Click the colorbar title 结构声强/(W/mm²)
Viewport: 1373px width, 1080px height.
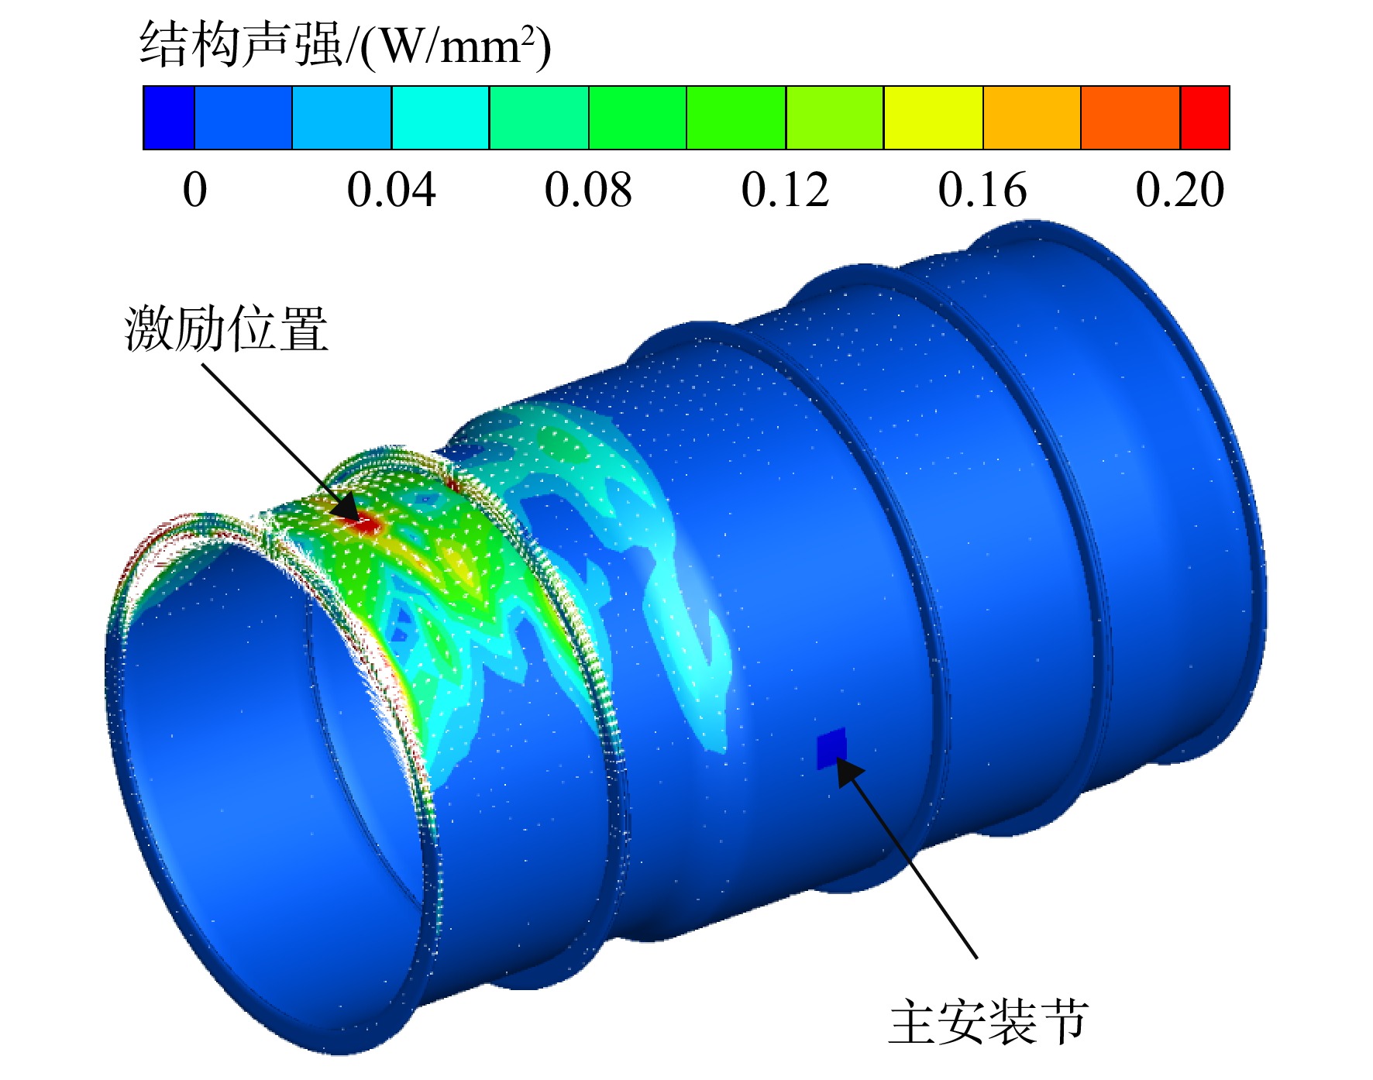coord(346,45)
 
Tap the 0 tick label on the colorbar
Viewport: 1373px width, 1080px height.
coord(195,190)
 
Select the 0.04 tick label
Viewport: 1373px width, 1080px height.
coord(391,190)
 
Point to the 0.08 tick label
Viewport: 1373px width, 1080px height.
coord(588,190)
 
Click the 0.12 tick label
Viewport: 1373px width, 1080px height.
coord(785,190)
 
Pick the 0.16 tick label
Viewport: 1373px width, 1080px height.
coord(982,190)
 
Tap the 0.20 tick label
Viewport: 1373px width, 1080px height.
coord(1180,190)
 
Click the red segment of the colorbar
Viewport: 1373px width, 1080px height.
coord(1205,118)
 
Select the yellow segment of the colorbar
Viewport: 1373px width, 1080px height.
coord(934,118)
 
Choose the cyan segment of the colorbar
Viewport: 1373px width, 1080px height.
coord(440,118)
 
